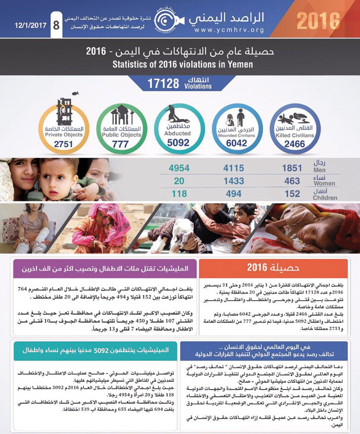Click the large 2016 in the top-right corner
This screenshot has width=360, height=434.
(x=317, y=21)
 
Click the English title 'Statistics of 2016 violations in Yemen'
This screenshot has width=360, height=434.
(x=180, y=65)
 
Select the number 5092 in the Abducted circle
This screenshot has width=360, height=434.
(x=178, y=143)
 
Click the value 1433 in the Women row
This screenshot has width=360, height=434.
(x=235, y=181)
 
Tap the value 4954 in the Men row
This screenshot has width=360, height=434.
(x=179, y=168)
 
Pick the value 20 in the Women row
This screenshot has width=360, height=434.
(x=179, y=181)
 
